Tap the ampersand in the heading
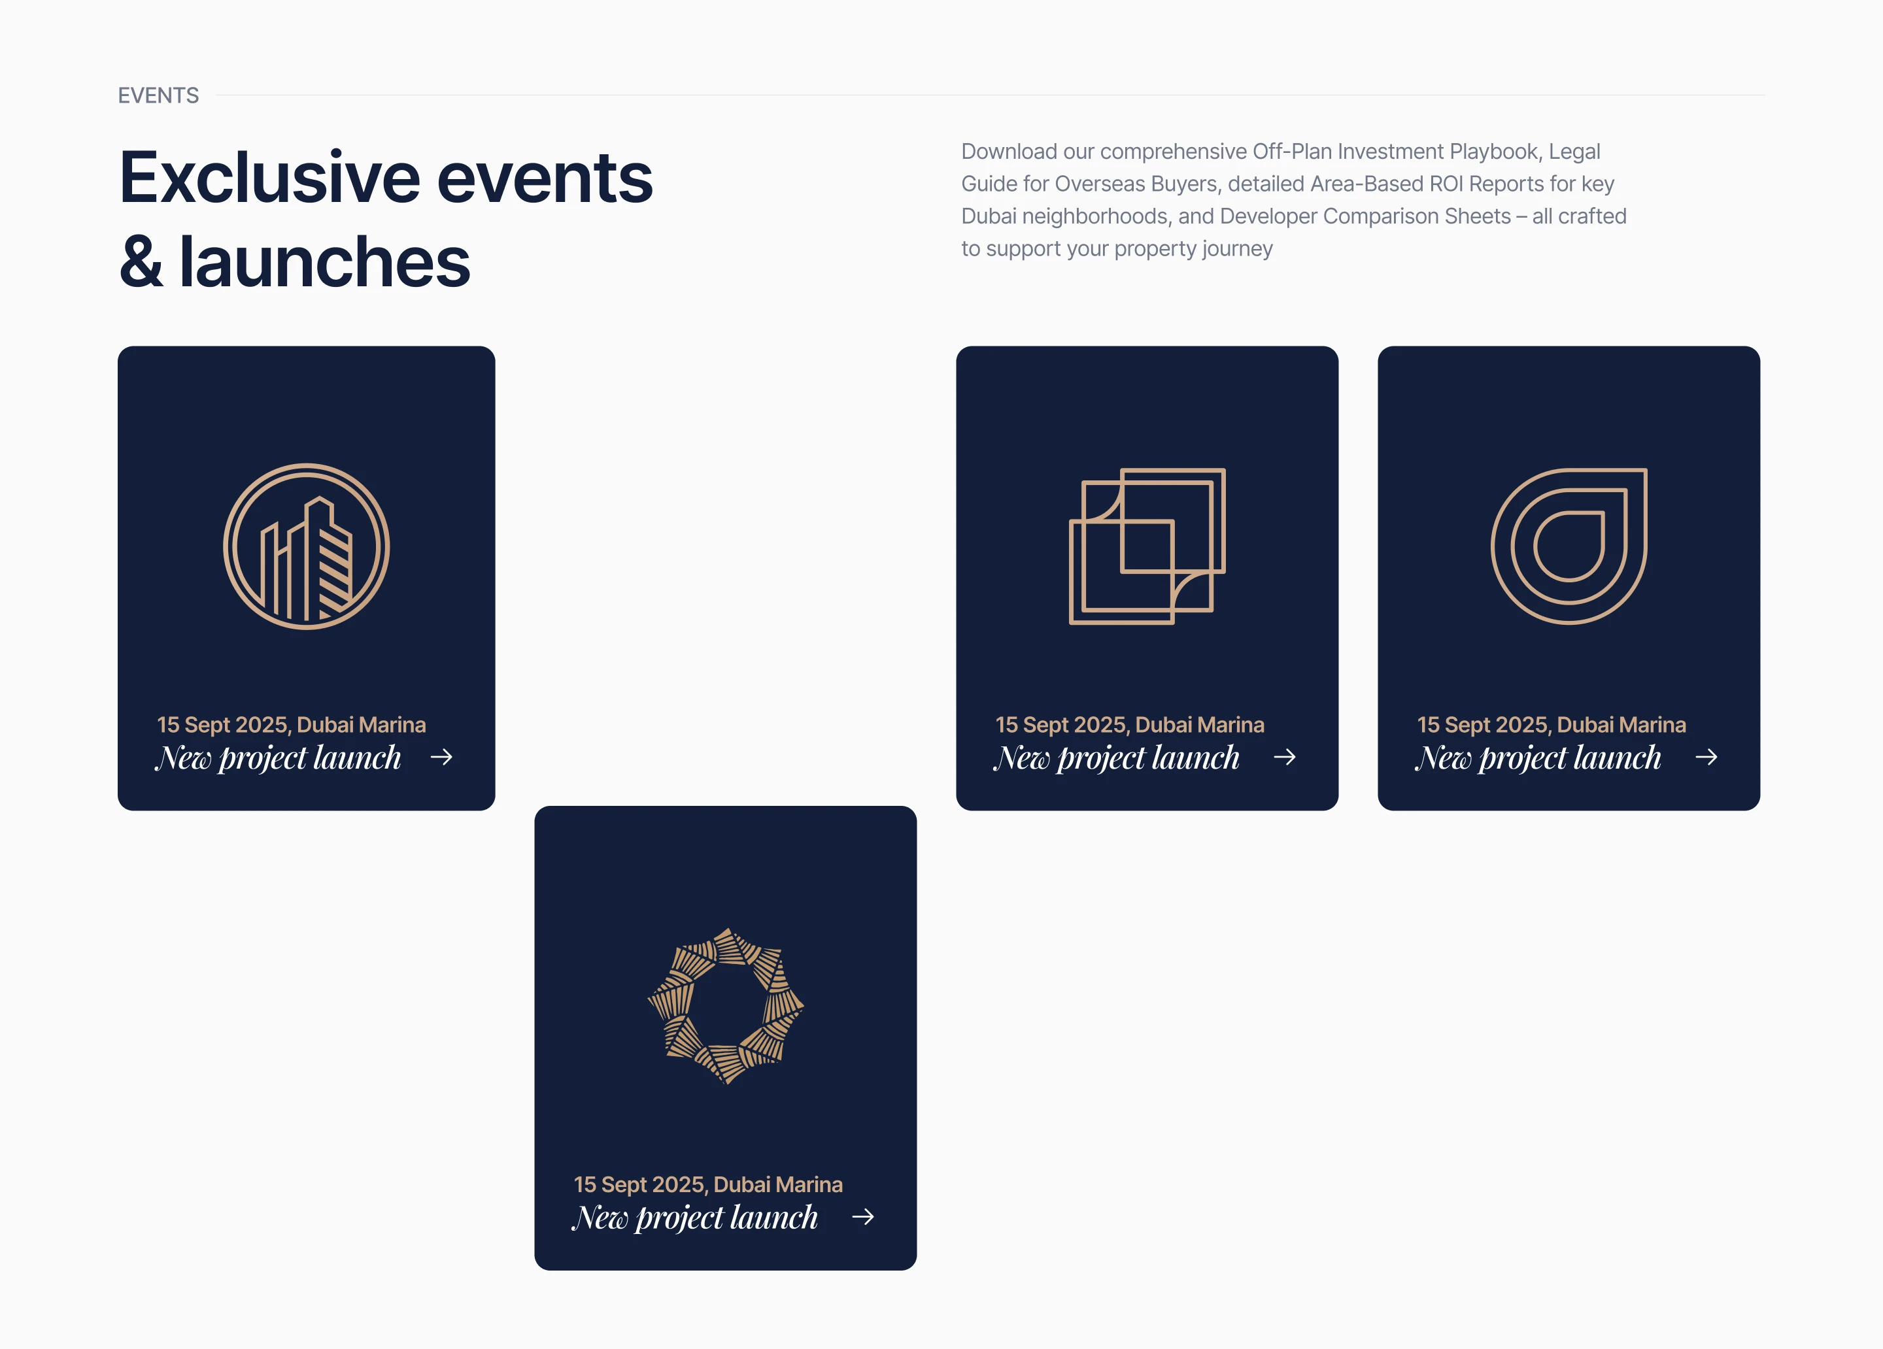pos(141,261)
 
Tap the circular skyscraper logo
pos(307,546)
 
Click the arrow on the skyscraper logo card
pos(442,756)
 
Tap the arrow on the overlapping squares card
pos(1285,756)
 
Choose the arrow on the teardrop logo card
pos(1707,756)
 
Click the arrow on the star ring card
pos(864,1216)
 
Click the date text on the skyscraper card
pos(292,725)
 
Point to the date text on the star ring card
pos(708,1185)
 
